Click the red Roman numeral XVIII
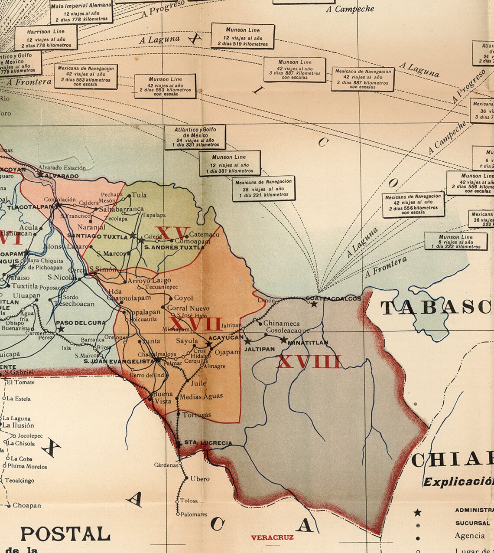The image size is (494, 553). (x=309, y=361)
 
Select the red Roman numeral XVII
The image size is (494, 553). (x=195, y=324)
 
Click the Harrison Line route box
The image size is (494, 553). (x=46, y=38)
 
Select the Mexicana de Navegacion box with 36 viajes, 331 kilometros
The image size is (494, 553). (x=263, y=189)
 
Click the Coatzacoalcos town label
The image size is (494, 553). (x=333, y=298)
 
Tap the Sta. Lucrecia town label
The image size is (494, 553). (x=208, y=443)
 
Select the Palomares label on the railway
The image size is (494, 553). (x=194, y=514)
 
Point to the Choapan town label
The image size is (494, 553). (x=26, y=505)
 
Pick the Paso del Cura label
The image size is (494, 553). (x=76, y=323)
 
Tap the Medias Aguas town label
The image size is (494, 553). (x=201, y=396)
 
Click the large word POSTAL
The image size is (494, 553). (x=65, y=533)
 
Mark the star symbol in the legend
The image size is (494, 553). (x=417, y=513)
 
